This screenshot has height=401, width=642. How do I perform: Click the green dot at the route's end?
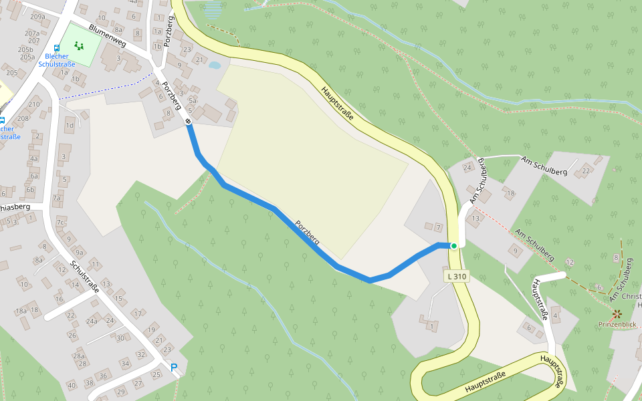(x=454, y=246)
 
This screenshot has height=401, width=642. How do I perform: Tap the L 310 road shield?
(x=455, y=276)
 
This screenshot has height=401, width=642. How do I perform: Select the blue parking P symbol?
(x=174, y=368)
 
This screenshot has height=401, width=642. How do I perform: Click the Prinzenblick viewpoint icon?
(x=617, y=313)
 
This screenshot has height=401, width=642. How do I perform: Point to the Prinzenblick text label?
(x=617, y=325)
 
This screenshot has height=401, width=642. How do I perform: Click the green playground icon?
(x=80, y=46)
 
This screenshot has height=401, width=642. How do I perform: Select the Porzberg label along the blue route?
(x=307, y=230)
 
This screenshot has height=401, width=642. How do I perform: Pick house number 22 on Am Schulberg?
(x=586, y=170)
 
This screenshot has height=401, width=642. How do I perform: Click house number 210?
(x=33, y=104)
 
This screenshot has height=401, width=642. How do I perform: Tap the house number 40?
(x=72, y=385)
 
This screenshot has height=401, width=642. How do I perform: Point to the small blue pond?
(x=214, y=65)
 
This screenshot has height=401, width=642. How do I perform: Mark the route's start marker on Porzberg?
(x=189, y=121)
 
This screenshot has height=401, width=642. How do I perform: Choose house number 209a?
(x=37, y=17)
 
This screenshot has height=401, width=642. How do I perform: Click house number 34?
(x=125, y=364)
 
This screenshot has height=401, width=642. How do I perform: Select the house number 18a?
(x=21, y=311)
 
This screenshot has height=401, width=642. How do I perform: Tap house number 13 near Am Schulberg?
(x=476, y=219)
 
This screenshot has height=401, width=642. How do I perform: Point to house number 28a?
(x=80, y=356)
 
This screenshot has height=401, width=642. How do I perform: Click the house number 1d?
(x=70, y=126)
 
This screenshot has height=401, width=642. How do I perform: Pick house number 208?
(x=23, y=118)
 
